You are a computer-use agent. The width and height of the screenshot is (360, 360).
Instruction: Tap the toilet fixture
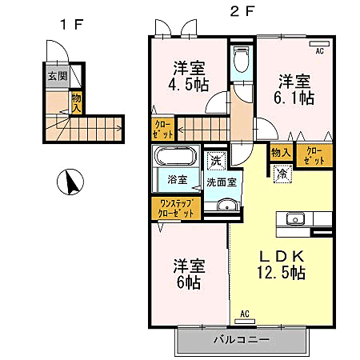point(240,58)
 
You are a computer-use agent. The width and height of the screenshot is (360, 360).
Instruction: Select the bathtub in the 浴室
point(176,157)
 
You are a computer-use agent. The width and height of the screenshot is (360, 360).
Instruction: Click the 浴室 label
point(176,181)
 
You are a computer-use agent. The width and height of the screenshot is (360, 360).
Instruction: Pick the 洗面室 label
point(220,182)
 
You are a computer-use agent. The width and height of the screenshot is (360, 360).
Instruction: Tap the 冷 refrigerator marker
point(282,172)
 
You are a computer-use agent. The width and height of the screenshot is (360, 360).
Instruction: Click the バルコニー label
point(241,340)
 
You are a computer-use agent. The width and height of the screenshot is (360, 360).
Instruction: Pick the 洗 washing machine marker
point(214,161)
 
